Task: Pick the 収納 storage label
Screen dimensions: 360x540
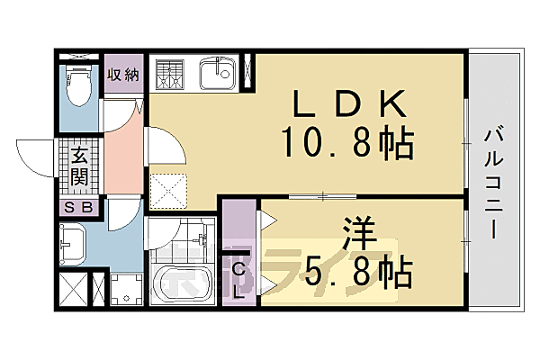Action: (122, 74)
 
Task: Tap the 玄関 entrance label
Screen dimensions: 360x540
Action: (79, 166)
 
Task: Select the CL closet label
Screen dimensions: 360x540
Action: (239, 278)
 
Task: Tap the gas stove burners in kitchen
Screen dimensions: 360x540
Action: (169, 74)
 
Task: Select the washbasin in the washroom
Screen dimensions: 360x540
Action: (74, 242)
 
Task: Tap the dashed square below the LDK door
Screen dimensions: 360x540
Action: (167, 190)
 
